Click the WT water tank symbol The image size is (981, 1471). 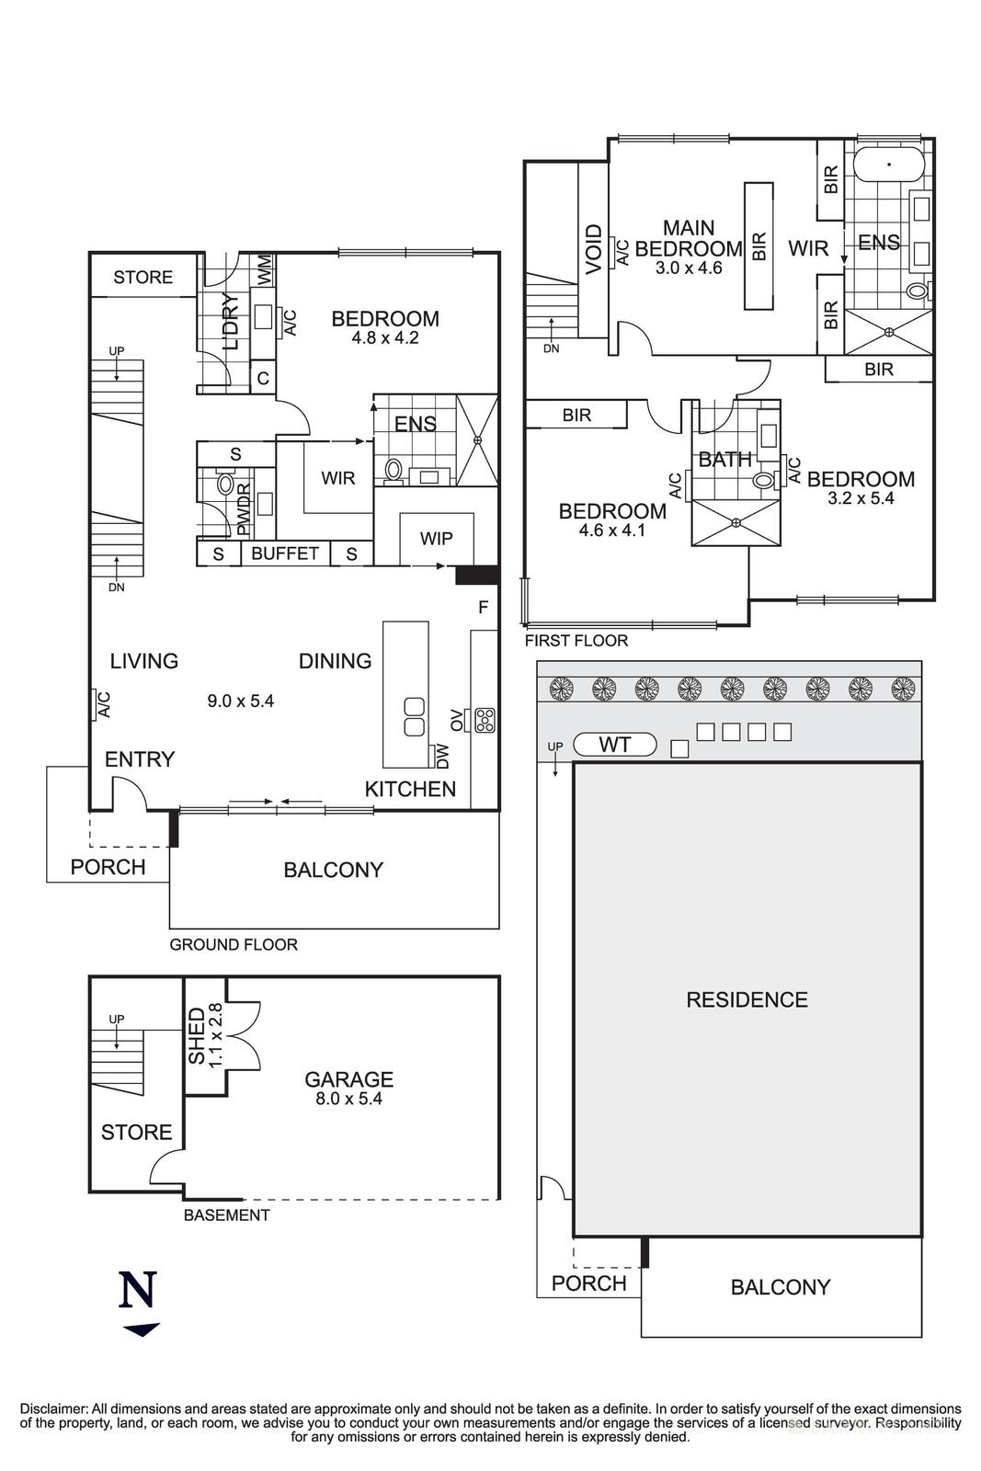pos(614,744)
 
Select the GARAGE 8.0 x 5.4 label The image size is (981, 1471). pos(348,1087)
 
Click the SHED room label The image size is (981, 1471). pos(197,1035)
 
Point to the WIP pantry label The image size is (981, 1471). pos(436,538)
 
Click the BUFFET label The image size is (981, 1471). pos(285,553)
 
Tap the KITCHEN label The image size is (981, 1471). pos(410,789)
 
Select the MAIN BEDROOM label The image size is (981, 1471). pos(689,238)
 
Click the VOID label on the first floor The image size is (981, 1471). pos(593,248)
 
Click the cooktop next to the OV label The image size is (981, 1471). pos(485,719)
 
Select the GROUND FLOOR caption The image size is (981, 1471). pos(234,944)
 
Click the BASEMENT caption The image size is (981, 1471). pos(226,1214)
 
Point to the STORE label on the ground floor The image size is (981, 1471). pos(143,277)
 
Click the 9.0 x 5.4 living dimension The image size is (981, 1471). pos(240,701)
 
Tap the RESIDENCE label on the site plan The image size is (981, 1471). pos(747,999)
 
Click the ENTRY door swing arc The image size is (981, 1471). pos(131,791)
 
